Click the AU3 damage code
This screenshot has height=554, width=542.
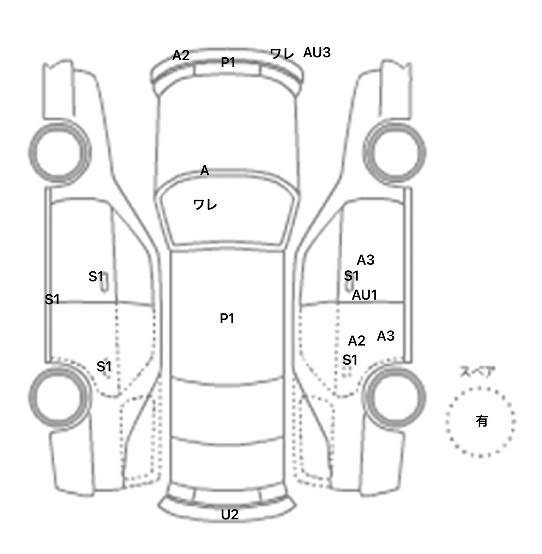click(x=317, y=53)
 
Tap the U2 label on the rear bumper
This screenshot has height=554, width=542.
click(x=230, y=515)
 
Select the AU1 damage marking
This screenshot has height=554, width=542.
click(x=365, y=295)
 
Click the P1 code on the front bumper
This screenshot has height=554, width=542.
click(x=228, y=63)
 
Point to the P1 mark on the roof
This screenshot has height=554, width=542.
click(x=227, y=319)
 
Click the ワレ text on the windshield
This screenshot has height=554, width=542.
click(x=205, y=205)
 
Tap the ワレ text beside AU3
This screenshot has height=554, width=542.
click(x=282, y=54)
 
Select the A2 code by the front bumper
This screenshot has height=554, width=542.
click(x=181, y=55)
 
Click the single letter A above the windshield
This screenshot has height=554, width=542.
click(x=205, y=171)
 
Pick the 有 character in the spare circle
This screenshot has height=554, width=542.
click(x=482, y=421)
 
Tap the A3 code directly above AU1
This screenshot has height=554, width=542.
click(x=365, y=260)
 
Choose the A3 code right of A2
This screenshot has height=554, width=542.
click(x=385, y=336)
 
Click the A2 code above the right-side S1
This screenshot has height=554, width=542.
click(x=356, y=341)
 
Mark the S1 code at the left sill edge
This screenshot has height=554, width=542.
click(x=52, y=300)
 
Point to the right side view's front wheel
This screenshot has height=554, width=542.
click(x=395, y=153)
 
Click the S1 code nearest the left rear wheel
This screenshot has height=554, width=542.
click(x=104, y=367)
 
